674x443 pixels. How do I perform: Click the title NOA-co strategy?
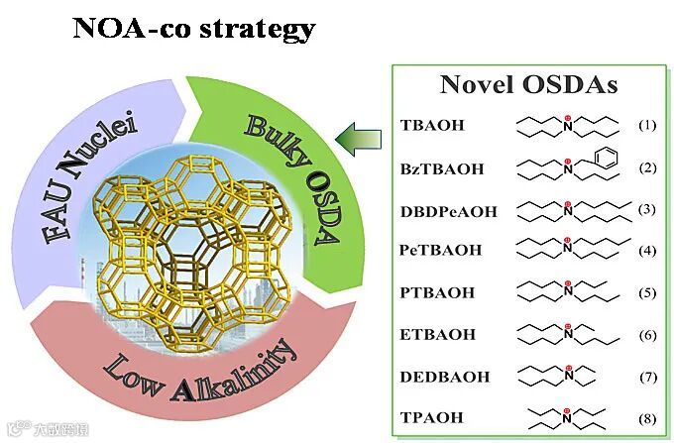point(193,27)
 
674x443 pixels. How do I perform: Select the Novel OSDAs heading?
point(528,85)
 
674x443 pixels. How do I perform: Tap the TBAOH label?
point(432,126)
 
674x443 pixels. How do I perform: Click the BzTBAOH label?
point(442,168)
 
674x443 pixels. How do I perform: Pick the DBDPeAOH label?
point(448,210)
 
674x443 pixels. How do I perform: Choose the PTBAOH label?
point(437,293)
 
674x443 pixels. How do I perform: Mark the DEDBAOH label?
point(444,378)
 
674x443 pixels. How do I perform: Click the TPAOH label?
point(432,418)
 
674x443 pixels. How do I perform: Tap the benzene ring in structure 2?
point(592,157)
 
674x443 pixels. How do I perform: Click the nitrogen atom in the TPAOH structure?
point(567,413)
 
